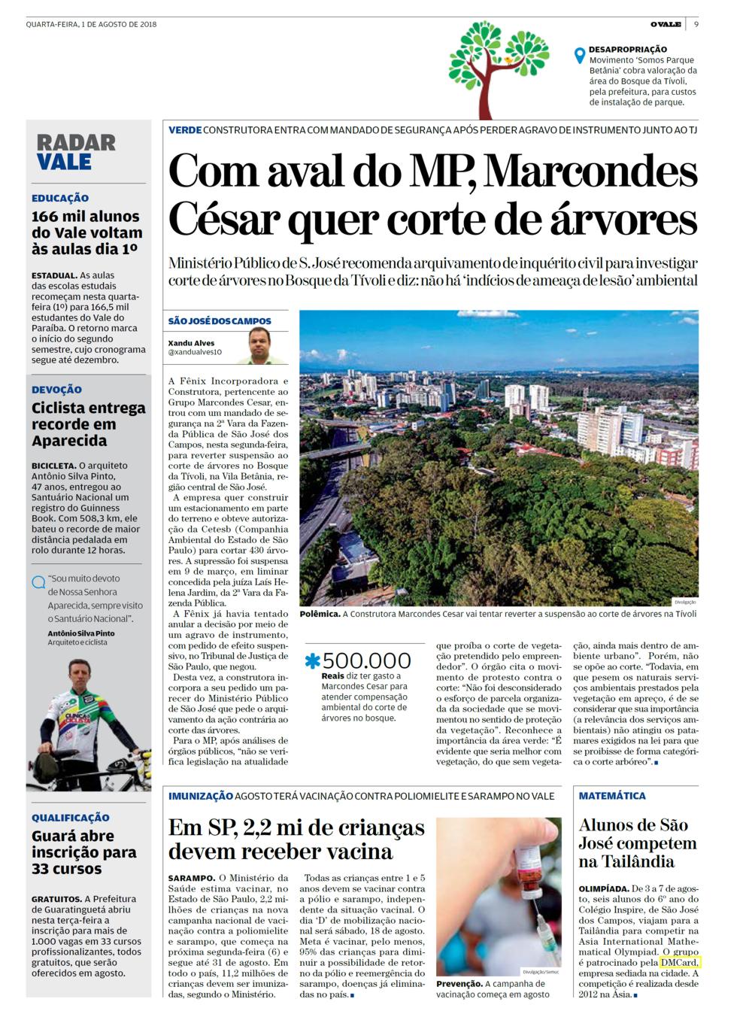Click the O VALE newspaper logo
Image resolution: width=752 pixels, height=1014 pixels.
(x=666, y=24)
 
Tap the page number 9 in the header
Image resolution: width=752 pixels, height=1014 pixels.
(x=697, y=24)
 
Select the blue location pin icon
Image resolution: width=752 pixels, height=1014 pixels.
(x=579, y=56)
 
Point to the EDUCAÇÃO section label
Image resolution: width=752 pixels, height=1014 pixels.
(x=60, y=199)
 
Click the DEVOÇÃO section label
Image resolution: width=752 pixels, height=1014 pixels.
(x=57, y=390)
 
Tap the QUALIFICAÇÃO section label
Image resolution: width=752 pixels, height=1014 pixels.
(x=71, y=818)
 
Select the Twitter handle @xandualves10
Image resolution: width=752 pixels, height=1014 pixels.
(x=195, y=352)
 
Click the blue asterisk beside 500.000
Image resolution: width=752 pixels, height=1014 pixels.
(x=312, y=661)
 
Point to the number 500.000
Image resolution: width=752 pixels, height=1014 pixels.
(x=367, y=661)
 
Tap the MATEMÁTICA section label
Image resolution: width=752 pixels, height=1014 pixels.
(x=612, y=796)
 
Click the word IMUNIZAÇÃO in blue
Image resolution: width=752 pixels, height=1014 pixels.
(x=200, y=796)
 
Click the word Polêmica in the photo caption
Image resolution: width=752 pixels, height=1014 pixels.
(x=319, y=614)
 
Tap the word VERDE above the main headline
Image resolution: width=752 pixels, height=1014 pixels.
(x=185, y=130)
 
